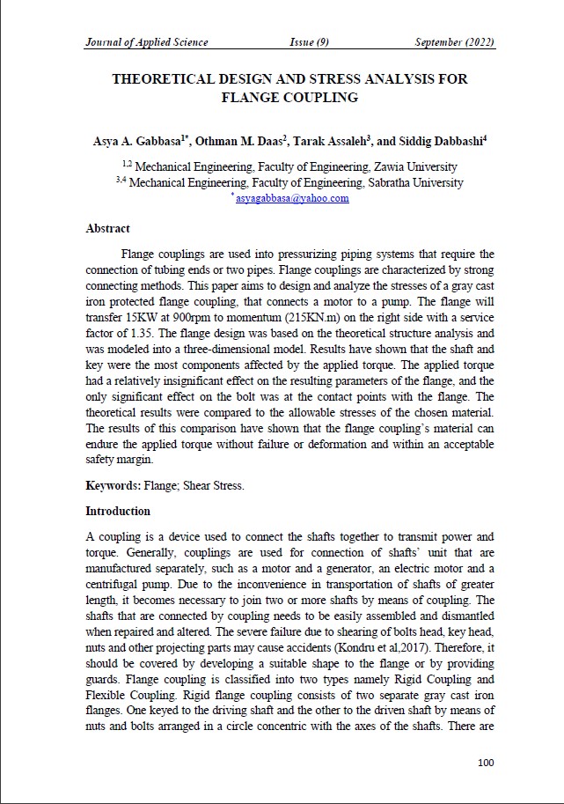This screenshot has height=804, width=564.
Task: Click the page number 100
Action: [486, 762]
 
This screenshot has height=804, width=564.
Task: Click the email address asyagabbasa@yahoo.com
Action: [292, 199]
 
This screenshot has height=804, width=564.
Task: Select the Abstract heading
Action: [107, 229]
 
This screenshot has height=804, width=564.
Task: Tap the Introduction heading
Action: [118, 511]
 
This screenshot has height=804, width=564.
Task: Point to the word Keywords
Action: [112, 485]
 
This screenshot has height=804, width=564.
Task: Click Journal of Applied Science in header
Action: [147, 42]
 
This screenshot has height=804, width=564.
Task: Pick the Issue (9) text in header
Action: [309, 42]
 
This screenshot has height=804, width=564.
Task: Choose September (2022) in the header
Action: [455, 42]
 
